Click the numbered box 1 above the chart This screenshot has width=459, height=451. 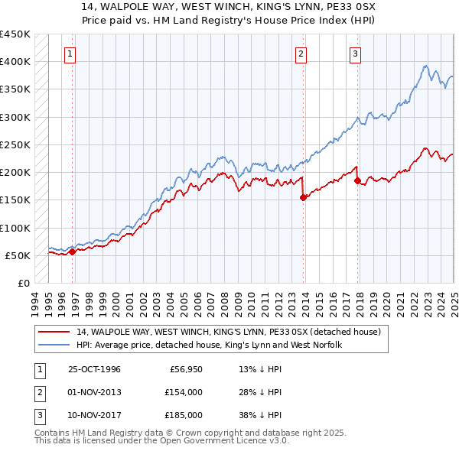[70, 54]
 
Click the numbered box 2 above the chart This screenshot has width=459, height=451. [301, 54]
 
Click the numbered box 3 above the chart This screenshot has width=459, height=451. [356, 54]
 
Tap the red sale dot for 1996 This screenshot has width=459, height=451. [72, 251]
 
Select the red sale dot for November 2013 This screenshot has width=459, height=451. [303, 197]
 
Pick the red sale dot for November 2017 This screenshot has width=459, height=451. [357, 180]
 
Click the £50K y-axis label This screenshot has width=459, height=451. [18, 255]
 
